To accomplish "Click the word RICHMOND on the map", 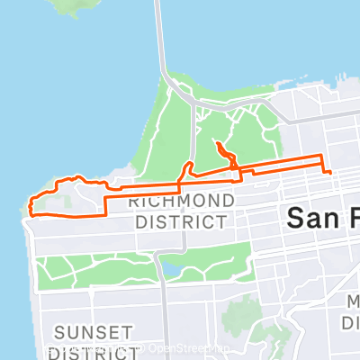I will (x=183, y=200).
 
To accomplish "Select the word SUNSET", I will (x=94, y=332).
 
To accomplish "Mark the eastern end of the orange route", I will (x=330, y=171).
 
